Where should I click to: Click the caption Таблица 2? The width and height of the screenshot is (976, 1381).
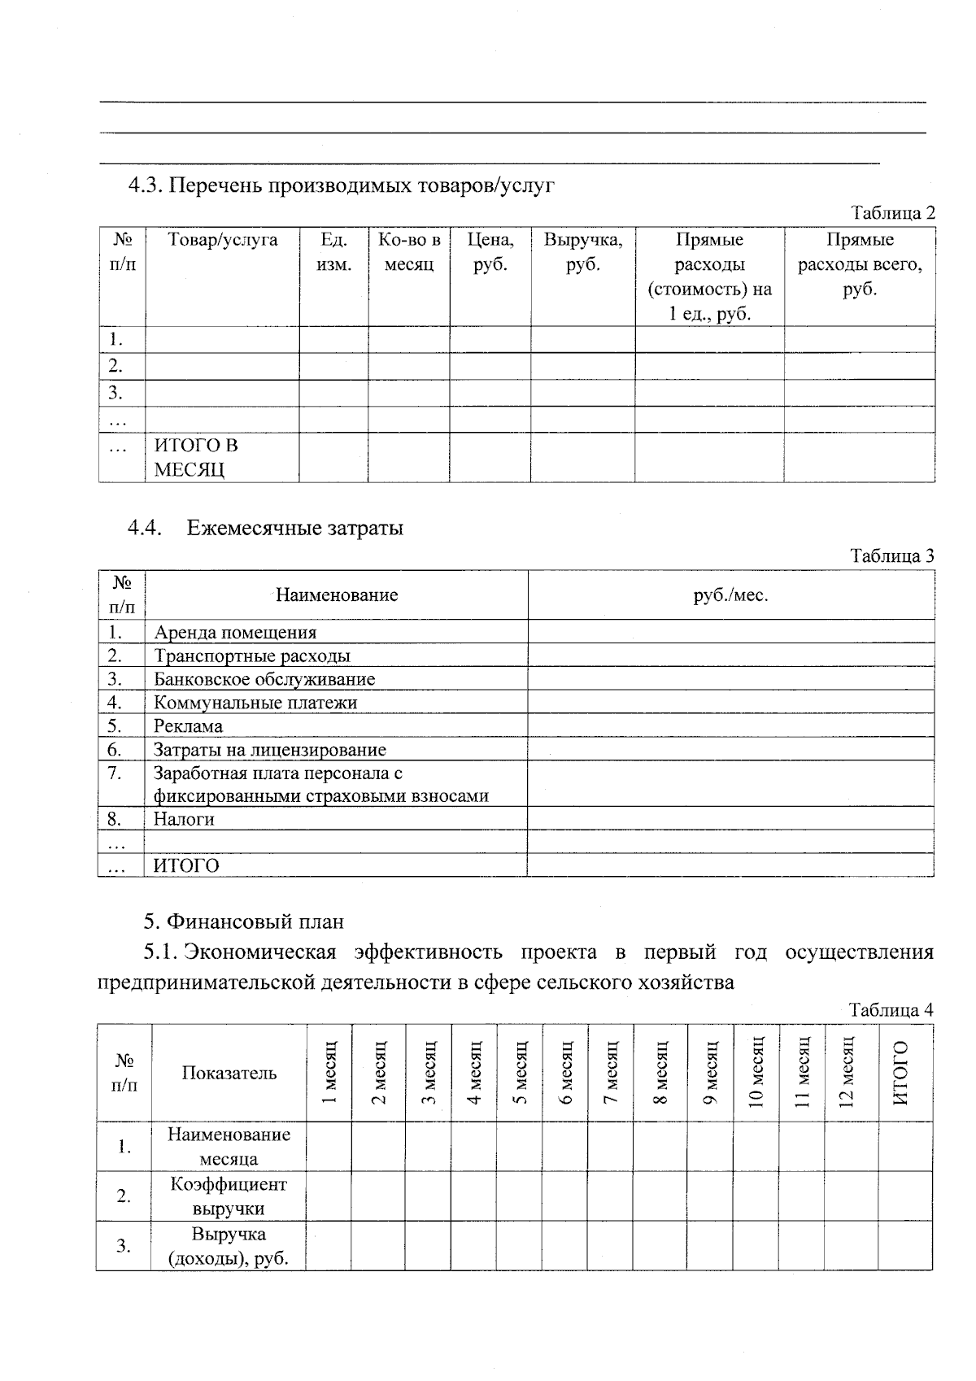point(892,213)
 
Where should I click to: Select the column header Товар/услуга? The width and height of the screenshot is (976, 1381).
point(222,240)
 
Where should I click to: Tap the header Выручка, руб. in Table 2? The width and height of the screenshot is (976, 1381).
point(582,252)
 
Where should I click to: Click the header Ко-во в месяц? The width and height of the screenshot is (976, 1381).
point(408,252)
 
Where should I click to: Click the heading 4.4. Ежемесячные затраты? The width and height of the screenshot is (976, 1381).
point(265,528)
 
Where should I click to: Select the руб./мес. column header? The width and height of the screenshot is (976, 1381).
point(730,595)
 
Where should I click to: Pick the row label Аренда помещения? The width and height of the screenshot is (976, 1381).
point(235,632)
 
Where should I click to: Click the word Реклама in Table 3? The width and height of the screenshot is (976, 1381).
point(188,725)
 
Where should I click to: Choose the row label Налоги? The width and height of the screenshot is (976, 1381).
point(184,819)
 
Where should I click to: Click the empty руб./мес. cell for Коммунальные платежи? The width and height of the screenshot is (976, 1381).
point(730,703)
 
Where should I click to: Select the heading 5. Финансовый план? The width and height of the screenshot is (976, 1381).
point(244,921)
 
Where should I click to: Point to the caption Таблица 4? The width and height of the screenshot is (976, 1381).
point(891,1010)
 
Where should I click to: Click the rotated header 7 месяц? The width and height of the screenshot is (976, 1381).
point(610,1072)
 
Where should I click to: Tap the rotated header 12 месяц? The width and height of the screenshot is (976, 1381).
point(847,1072)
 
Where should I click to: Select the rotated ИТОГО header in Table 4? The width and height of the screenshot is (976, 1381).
point(900,1072)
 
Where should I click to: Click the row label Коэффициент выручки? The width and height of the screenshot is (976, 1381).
point(229,1196)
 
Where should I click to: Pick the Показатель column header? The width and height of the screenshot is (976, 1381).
point(229,1073)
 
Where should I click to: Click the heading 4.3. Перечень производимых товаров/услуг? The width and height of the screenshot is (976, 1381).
point(342,185)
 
